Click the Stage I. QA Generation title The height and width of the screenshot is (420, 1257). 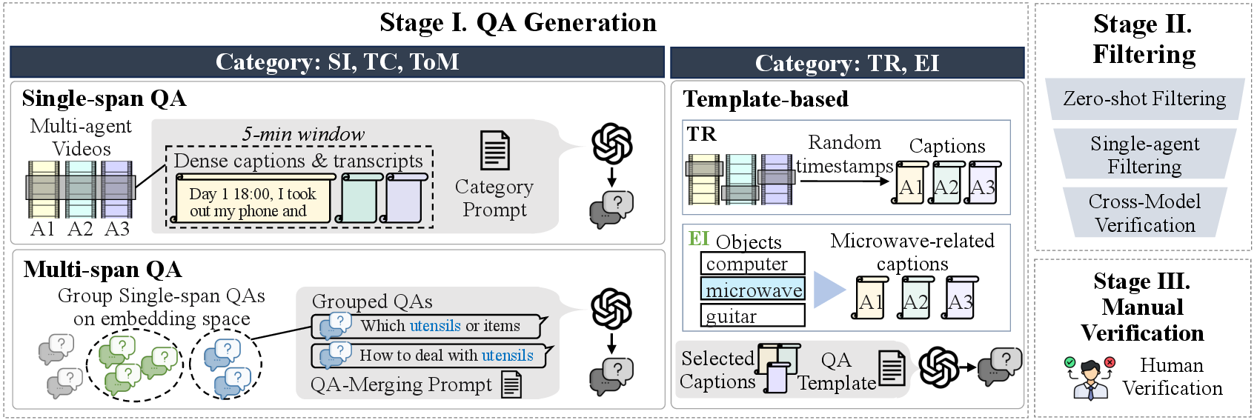(518, 23)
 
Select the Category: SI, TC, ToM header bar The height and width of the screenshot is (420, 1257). (337, 62)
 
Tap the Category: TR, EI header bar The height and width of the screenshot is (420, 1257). (846, 64)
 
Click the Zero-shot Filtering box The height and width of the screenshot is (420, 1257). (1144, 99)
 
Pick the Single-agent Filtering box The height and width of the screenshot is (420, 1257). (1144, 155)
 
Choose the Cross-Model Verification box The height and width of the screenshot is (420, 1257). (1144, 213)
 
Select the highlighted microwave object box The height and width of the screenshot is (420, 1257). (752, 290)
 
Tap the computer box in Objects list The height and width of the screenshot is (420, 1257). (752, 264)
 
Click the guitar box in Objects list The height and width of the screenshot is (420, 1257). (752, 316)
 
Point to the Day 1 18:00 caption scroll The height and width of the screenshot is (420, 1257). (253, 200)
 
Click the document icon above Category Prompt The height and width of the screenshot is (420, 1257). (494, 150)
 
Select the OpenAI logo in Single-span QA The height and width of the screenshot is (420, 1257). (612, 144)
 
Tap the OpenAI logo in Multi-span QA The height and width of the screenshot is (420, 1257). (612, 309)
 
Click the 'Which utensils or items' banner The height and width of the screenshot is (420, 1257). (430, 326)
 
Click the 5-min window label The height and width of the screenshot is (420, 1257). (303, 134)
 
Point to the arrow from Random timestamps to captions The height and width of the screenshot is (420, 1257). (845, 181)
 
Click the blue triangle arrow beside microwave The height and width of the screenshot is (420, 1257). (829, 290)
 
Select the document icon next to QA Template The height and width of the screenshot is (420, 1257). (892, 368)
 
